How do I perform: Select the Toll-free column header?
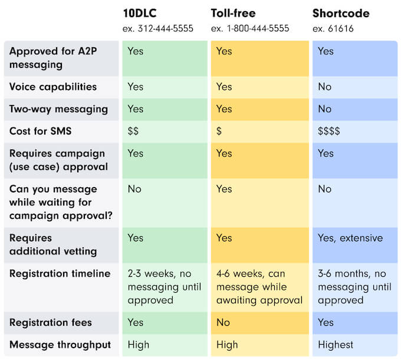click(233, 13)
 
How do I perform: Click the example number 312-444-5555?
click(157, 28)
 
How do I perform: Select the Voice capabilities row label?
click(53, 87)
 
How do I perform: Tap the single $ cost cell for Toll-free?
click(219, 131)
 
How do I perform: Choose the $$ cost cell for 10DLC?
click(133, 131)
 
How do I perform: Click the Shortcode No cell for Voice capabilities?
click(324, 87)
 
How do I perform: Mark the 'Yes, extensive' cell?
click(350, 238)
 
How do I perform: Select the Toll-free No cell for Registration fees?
click(223, 322)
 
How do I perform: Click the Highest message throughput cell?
click(336, 345)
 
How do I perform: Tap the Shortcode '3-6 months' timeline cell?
click(354, 287)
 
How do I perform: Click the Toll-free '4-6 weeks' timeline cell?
click(259, 287)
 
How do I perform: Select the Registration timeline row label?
click(60, 273)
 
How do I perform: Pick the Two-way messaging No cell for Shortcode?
click(324, 109)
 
